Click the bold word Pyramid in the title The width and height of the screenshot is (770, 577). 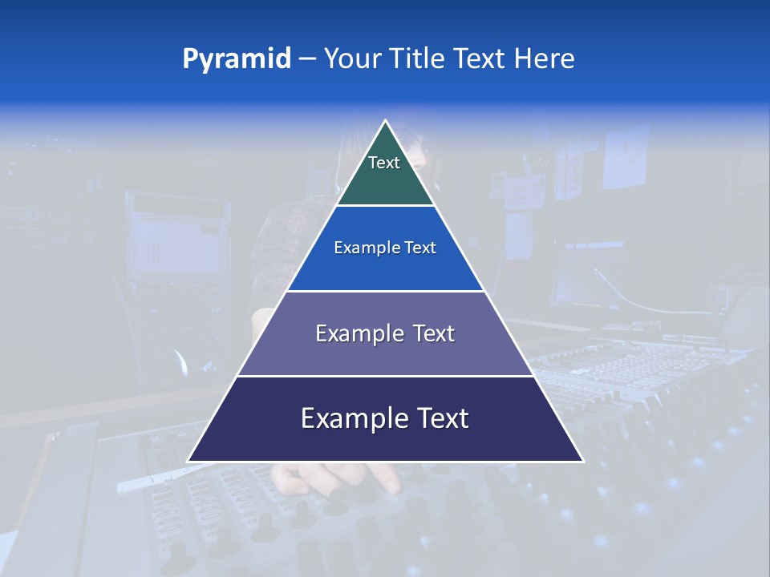237,59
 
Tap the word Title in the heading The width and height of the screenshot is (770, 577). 419,59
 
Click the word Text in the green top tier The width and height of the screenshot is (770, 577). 384,163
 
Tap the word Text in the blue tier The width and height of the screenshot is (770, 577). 420,248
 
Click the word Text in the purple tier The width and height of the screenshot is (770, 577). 434,333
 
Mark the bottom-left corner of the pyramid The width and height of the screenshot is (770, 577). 188,461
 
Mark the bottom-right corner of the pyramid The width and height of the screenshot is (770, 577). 583,461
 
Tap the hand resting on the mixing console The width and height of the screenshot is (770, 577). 337,478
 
